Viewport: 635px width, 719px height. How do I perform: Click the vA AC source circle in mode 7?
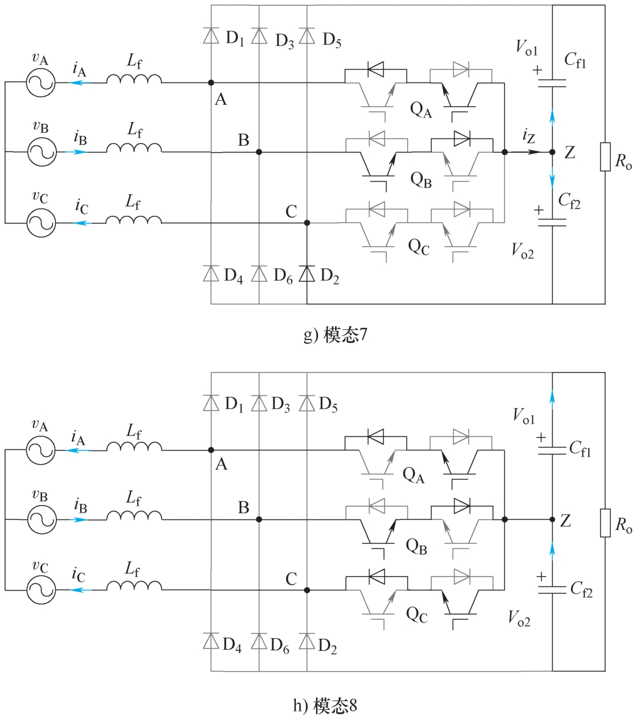(41, 83)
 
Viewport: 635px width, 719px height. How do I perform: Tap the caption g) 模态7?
(335, 335)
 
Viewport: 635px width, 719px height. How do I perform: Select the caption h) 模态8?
(325, 705)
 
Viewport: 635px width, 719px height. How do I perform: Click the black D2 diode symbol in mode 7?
(307, 273)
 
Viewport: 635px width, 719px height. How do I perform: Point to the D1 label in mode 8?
(233, 405)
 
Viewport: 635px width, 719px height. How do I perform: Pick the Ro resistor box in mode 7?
(605, 157)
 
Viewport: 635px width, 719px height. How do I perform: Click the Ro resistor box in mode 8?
(605, 523)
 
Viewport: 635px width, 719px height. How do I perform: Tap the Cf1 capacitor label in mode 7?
(575, 59)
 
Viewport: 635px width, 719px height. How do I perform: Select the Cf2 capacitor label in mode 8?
(581, 588)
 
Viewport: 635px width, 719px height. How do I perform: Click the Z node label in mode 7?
(570, 152)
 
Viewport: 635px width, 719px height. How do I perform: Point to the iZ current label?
(528, 137)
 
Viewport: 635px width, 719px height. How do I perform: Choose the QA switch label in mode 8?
(413, 476)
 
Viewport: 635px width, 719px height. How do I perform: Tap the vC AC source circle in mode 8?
(41, 589)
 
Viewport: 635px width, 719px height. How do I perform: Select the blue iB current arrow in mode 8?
(80, 520)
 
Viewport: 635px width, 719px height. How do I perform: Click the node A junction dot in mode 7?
(211, 83)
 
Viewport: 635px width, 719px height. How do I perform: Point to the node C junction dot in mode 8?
(307, 590)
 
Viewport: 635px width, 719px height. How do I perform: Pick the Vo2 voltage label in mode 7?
(523, 251)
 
